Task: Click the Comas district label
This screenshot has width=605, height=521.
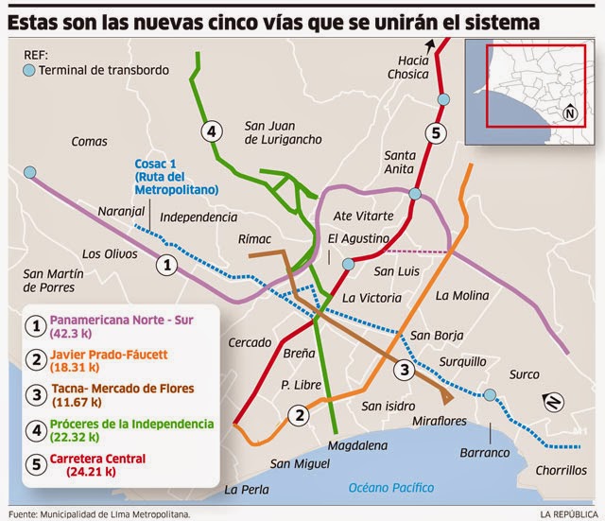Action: (90, 141)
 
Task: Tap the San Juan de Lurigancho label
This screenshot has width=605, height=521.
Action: (283, 131)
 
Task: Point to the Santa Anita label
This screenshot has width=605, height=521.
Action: (399, 162)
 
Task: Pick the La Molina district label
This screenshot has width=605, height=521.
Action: (458, 295)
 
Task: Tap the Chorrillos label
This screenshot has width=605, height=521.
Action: (558, 470)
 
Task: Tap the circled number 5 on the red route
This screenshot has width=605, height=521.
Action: (435, 132)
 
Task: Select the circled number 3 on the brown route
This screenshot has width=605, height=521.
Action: (404, 369)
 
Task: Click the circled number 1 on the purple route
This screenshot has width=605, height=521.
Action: (166, 265)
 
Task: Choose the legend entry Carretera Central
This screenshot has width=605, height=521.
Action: (98, 459)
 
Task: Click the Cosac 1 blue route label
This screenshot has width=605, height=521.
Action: (174, 177)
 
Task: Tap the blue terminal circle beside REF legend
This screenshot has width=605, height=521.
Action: (28, 70)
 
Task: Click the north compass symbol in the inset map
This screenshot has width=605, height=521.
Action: (569, 113)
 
